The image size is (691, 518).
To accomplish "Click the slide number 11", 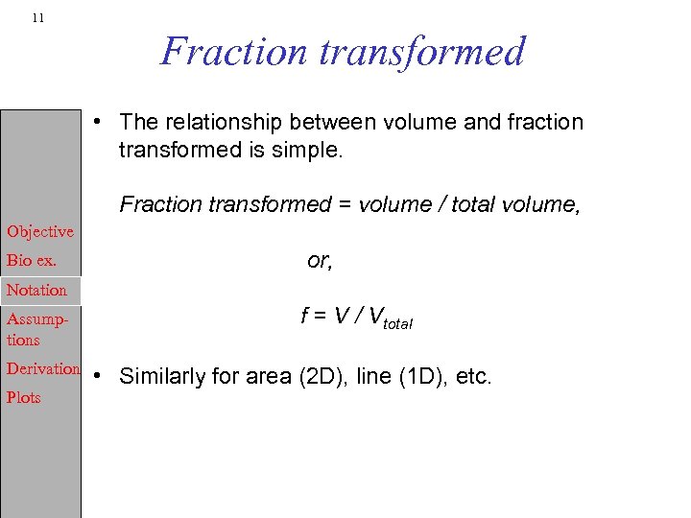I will click(36, 18).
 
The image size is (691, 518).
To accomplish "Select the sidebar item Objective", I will click(40, 231).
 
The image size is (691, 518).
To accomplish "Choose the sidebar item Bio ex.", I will click(32, 260).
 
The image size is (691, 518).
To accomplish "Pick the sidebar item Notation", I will click(36, 290).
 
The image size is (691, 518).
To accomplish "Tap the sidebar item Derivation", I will click(43, 368).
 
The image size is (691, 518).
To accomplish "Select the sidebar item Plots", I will click(23, 397).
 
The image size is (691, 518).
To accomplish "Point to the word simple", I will click(308, 151).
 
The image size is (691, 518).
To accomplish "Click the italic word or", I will click(320, 260).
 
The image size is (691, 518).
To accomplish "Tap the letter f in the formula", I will click(305, 318).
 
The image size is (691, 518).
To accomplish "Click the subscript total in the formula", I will click(394, 325).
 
